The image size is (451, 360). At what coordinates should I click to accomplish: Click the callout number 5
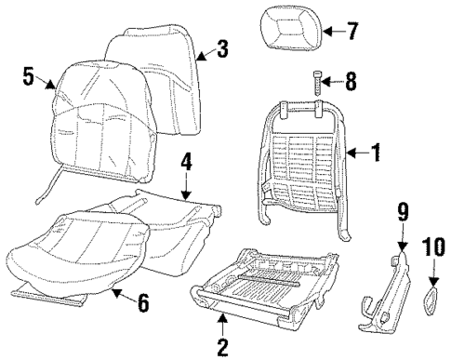[x=29, y=75]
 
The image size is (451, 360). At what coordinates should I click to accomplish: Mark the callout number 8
[x=350, y=82]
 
